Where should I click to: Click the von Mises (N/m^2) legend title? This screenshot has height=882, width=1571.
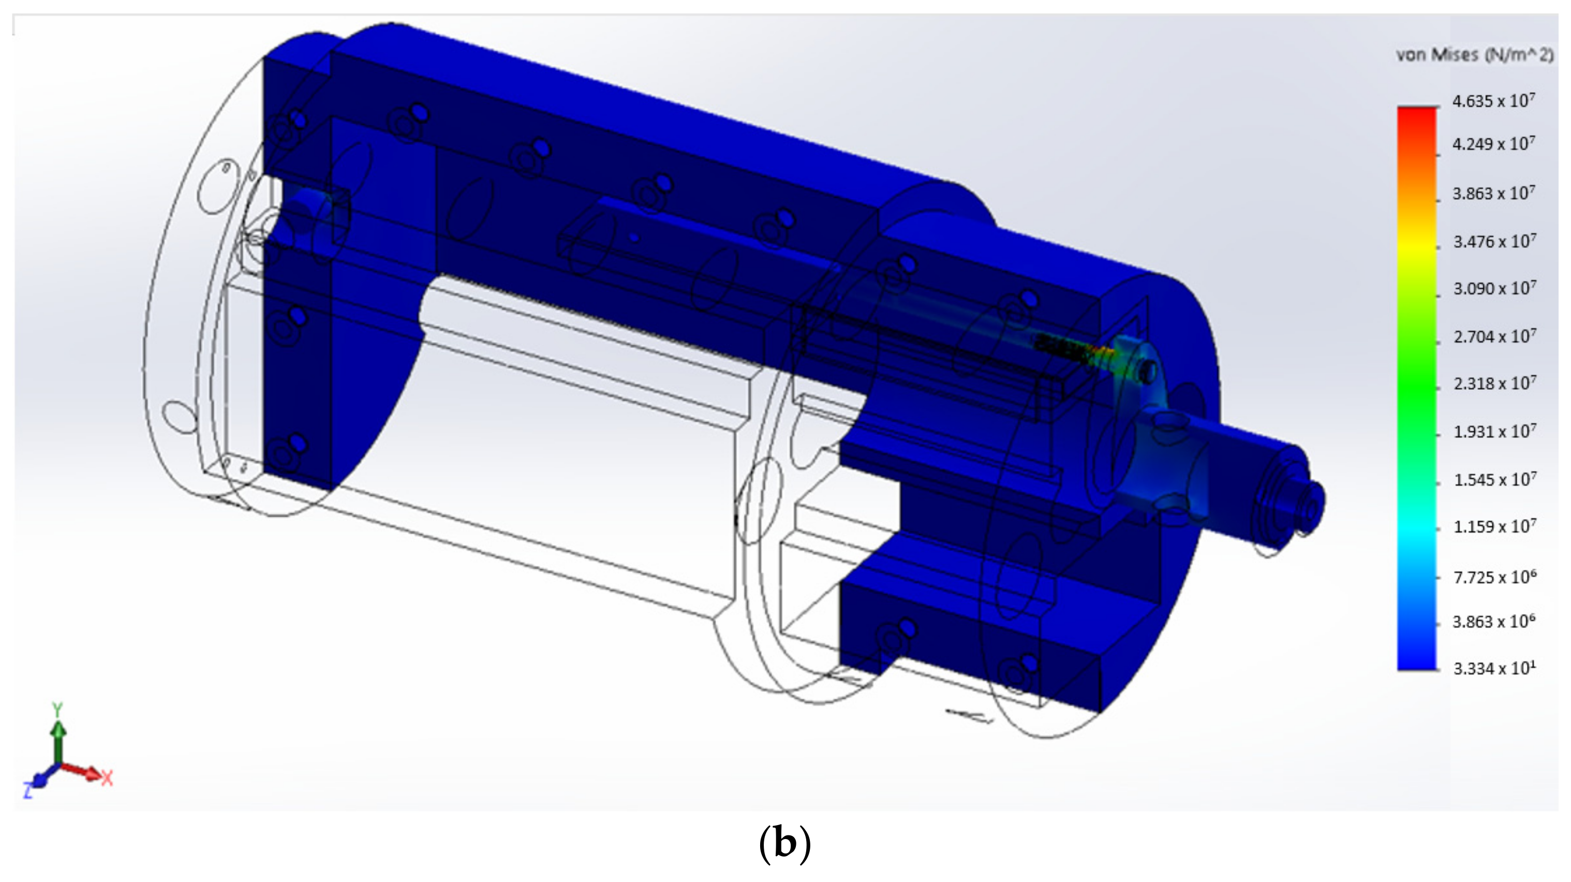pos(1475,55)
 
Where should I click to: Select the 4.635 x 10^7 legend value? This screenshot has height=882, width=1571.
pos(1493,100)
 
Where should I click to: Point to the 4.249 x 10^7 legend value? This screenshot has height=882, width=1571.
pos(1493,144)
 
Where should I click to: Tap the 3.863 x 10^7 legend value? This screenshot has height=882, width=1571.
pos(1493,194)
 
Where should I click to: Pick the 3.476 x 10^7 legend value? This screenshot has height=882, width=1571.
pos(1494,242)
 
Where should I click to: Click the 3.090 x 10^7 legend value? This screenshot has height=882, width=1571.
pos(1494,288)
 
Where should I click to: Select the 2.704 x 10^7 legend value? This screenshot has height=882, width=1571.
pos(1494,336)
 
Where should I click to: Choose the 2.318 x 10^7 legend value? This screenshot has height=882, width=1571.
pos(1494,384)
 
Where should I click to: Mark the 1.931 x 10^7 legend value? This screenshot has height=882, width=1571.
pos(1494,432)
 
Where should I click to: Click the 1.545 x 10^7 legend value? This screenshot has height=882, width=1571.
pos(1494,479)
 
